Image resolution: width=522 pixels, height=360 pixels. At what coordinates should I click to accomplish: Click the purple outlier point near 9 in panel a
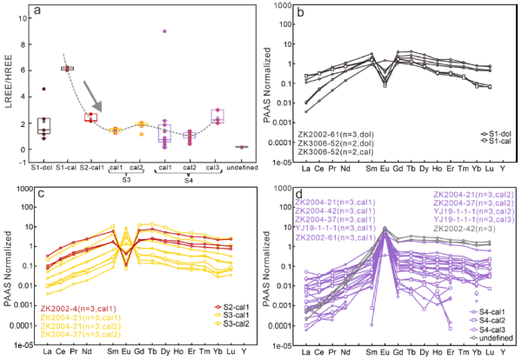164,31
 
